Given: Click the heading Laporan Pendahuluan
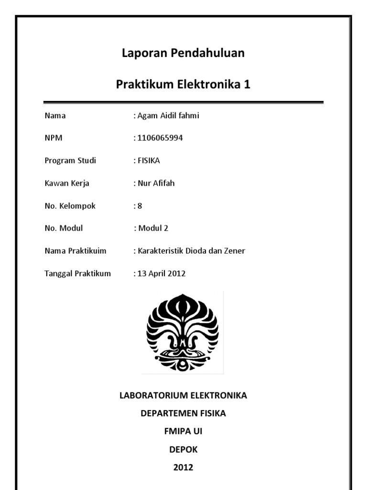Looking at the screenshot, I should (183, 53).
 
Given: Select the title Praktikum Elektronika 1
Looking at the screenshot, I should (183, 85).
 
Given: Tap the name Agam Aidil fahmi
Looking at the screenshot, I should (168, 115).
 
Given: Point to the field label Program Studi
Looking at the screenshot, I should (70, 160).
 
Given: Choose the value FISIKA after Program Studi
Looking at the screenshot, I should (149, 160).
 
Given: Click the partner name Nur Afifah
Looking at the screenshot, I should (156, 183).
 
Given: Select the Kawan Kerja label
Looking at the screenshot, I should (67, 183).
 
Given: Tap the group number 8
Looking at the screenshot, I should (140, 206).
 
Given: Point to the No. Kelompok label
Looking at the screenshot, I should (70, 206).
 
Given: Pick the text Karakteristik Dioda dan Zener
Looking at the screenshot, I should (191, 251).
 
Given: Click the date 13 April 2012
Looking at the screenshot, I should (162, 274).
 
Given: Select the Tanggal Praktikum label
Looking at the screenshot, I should (77, 274).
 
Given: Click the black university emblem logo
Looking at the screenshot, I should (183, 332).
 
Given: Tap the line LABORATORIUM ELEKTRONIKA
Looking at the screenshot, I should (183, 396).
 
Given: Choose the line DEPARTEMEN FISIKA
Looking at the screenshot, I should (183, 413).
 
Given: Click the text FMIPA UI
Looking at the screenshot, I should (183, 431).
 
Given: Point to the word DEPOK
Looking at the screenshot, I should (183, 449).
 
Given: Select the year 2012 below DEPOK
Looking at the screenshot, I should (183, 468).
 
